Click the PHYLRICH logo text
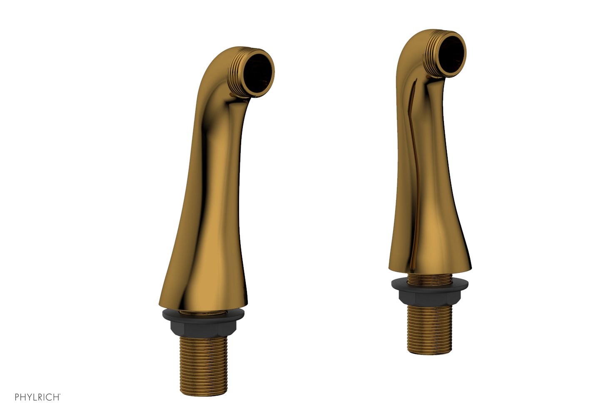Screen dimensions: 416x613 point(37,397)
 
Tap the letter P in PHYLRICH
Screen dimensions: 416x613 point(17,397)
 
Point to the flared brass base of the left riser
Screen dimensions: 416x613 point(204,283)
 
